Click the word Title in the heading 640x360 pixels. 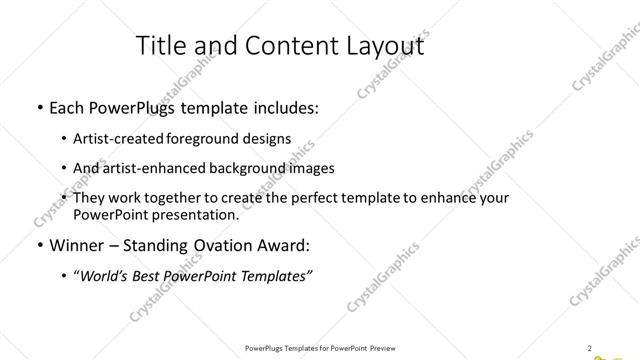click(x=159, y=46)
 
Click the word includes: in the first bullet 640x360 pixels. click(x=284, y=108)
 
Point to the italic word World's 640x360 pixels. click(x=103, y=276)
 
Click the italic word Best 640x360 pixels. click(x=153, y=276)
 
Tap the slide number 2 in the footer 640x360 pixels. click(x=590, y=347)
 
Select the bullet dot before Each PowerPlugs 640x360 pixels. click(x=38, y=108)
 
